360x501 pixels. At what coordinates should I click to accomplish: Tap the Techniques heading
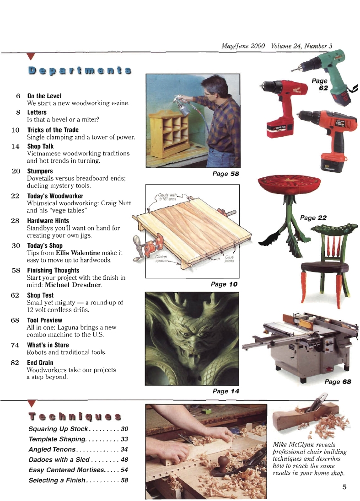[75, 416]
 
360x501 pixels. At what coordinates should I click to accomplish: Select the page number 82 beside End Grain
[15, 362]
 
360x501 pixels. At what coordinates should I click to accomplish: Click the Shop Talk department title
[40, 146]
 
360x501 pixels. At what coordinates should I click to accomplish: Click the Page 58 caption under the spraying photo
[226, 174]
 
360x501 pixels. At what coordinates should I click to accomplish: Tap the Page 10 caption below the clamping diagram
[224, 284]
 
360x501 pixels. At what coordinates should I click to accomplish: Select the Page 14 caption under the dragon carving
[226, 391]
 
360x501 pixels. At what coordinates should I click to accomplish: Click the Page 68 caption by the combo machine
[338, 382]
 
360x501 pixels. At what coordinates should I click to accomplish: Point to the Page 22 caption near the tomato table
[313, 218]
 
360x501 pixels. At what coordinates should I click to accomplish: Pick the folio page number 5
[344, 486]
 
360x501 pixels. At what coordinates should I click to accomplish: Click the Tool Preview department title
[44, 320]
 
